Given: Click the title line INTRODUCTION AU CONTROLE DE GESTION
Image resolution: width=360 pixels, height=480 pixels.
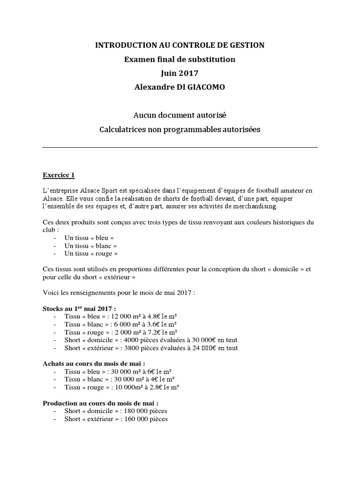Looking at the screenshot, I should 180,45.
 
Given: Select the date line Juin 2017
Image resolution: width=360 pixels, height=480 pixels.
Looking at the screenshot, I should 180,74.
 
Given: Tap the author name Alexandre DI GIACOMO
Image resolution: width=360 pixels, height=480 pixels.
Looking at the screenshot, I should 180,88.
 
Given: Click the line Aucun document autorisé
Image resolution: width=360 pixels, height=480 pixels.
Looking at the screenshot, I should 180,115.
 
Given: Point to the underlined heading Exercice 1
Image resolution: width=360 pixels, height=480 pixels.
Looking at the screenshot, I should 59,175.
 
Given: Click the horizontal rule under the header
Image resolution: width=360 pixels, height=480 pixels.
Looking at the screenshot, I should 180,147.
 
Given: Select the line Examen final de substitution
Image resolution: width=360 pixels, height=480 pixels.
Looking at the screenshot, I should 180,60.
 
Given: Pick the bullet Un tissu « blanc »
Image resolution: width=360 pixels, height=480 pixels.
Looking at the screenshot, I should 91,246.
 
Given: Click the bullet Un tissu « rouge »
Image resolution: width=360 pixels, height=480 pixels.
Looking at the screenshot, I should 91,254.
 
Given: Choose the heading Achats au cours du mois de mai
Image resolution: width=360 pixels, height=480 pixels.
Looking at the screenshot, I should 94,364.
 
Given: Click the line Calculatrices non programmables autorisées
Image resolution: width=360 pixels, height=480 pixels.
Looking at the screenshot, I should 180,129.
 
